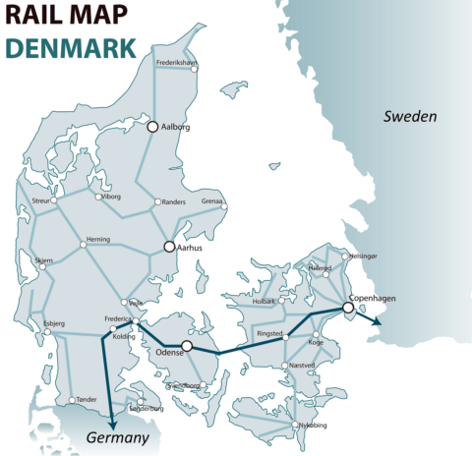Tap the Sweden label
click(x=409, y=116)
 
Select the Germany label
click(x=117, y=437)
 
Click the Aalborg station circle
click(x=152, y=127)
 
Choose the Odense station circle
click(x=187, y=346)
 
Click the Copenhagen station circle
click(x=347, y=308)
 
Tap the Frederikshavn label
click(x=178, y=63)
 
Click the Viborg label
click(x=110, y=197)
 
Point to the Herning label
click(x=98, y=239)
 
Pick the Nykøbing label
click(x=313, y=426)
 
